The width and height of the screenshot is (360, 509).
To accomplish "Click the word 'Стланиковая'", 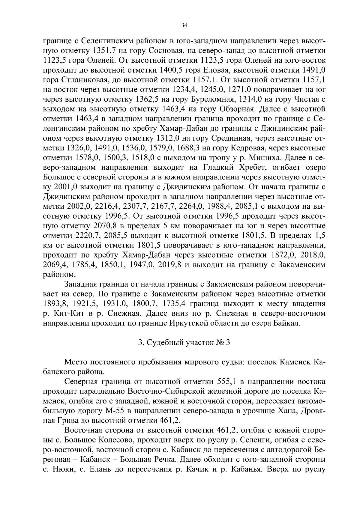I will (84, 79).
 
